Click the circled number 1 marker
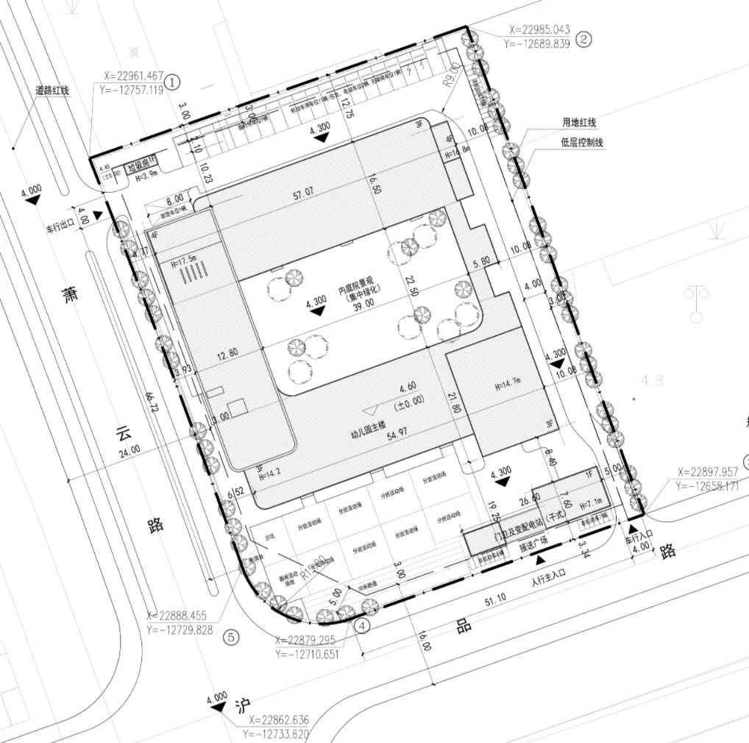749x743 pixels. pos(171,82)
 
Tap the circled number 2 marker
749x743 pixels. pos(583,40)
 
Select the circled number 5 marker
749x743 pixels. pos(231,638)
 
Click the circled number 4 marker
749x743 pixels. pos(361,626)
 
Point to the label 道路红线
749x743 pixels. pos(52,90)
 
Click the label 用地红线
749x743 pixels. pos(579,124)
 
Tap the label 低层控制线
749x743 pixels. pos(581,142)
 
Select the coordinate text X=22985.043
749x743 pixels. pos(539,30)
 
